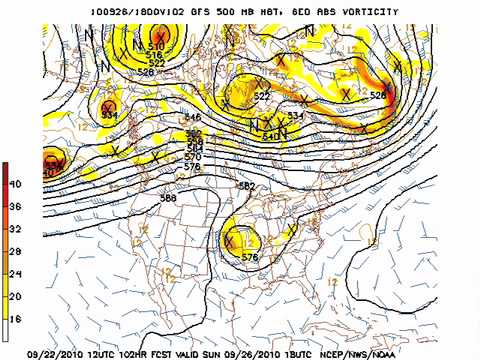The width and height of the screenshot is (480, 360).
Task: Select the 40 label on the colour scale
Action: click(15, 185)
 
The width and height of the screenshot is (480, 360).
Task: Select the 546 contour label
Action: click(193, 118)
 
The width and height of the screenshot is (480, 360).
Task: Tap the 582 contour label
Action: click(246, 187)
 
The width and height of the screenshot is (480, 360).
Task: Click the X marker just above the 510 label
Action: click(158, 36)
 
